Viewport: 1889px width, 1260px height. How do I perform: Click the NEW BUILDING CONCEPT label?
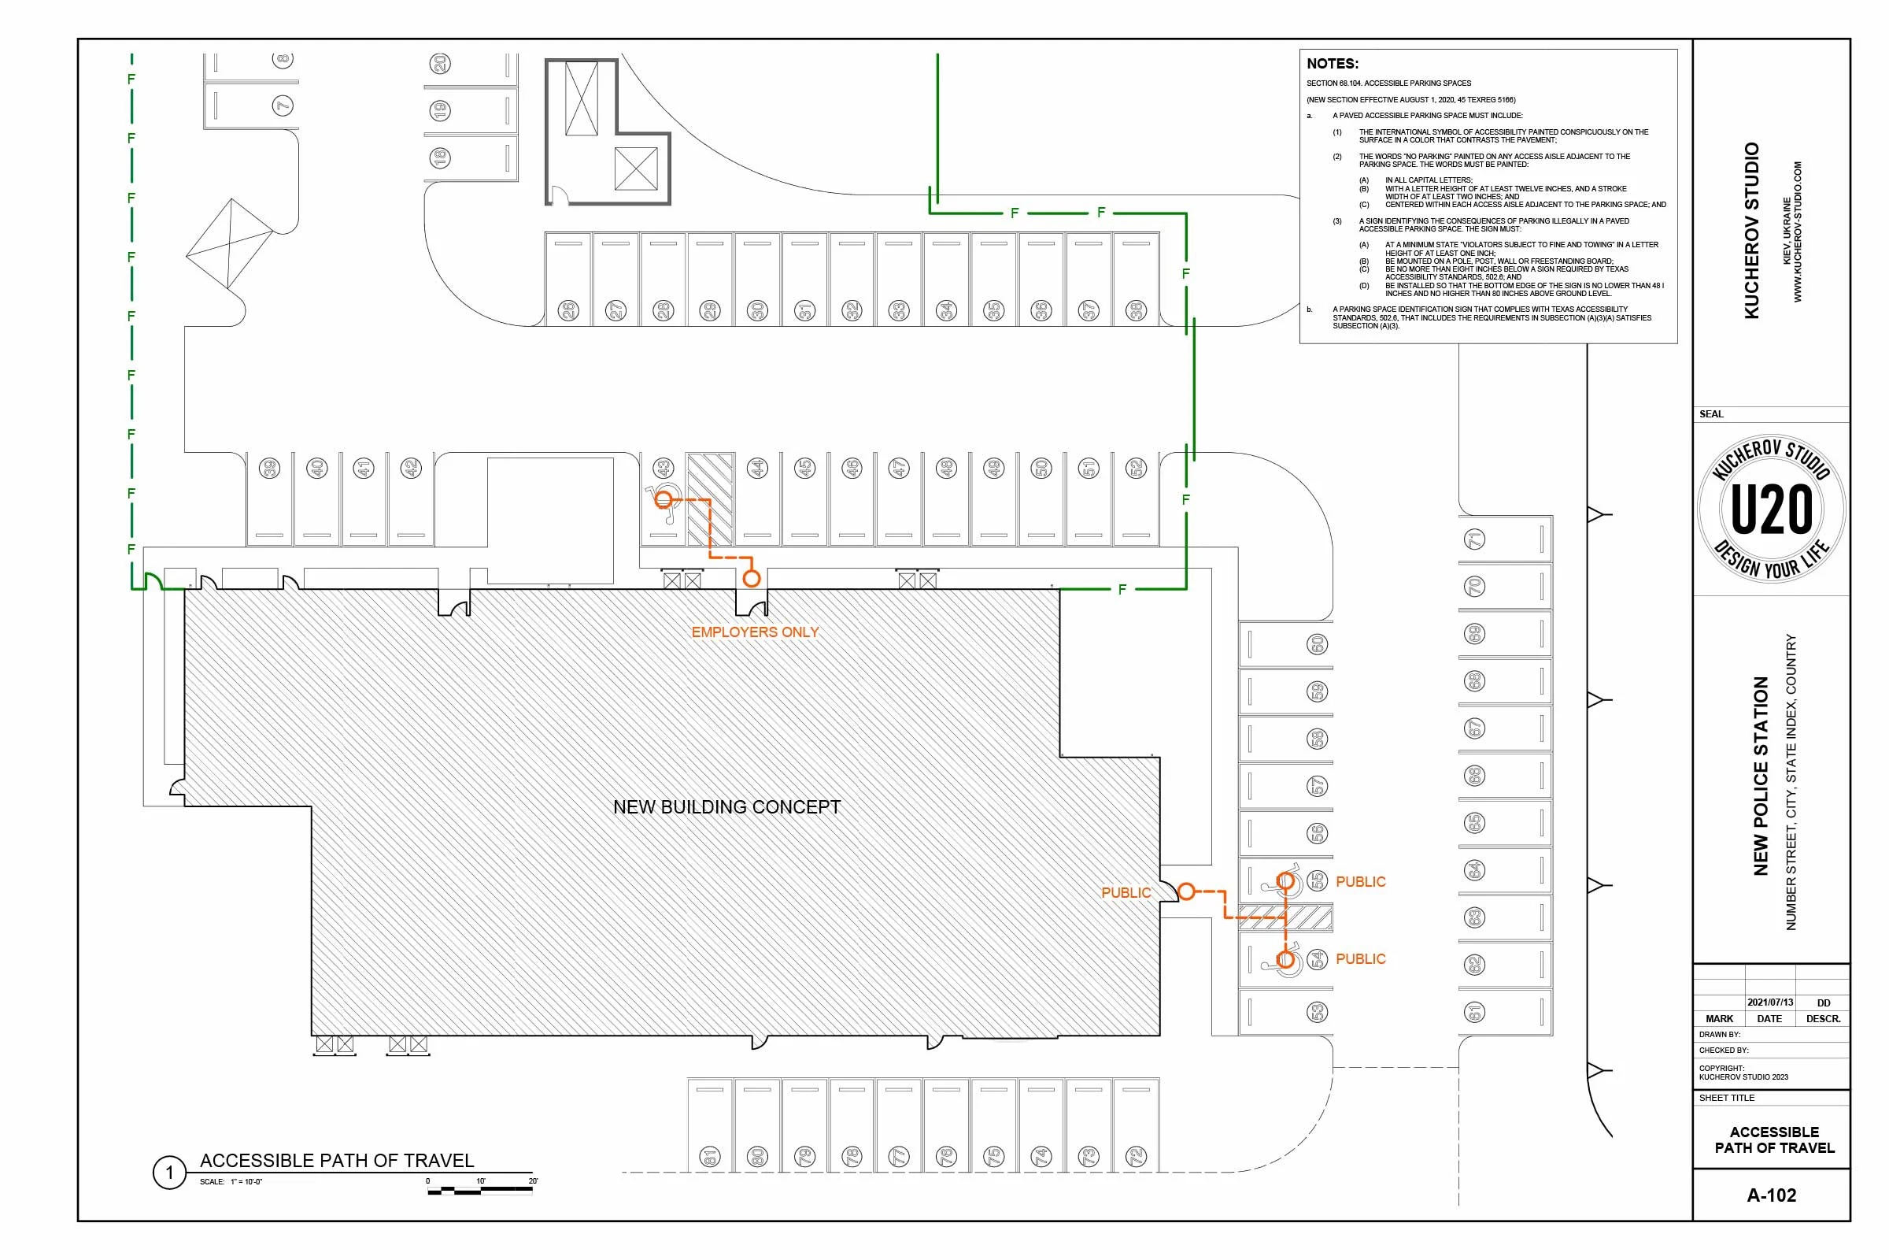pos(726,806)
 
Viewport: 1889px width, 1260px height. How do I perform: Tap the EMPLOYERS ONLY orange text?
pos(754,632)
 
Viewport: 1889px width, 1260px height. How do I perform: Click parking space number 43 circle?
pos(663,468)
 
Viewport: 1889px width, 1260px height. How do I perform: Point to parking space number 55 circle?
pos(1317,880)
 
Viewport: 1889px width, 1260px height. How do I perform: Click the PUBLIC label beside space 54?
pos(1360,958)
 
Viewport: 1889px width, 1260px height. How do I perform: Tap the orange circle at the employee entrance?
pos(751,578)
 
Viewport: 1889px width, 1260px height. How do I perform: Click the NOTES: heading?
pos(1333,64)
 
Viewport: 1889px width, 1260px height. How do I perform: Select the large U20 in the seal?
pos(1771,510)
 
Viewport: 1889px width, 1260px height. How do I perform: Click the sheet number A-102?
pos(1771,1195)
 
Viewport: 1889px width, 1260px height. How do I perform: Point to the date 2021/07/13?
pos(1769,1002)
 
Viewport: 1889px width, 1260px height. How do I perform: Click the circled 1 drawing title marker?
pos(168,1173)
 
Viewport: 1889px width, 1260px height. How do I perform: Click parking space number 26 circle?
pos(567,310)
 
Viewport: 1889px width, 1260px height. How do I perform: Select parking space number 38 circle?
pos(1136,310)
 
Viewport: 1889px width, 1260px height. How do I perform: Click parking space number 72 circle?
pos(1136,1156)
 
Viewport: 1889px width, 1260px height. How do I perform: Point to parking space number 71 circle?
pos(1474,539)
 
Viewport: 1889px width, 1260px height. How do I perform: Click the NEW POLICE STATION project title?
pos(1761,776)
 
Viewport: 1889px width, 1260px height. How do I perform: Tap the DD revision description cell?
pos(1823,1002)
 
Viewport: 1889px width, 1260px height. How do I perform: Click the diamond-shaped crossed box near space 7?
pos(230,243)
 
